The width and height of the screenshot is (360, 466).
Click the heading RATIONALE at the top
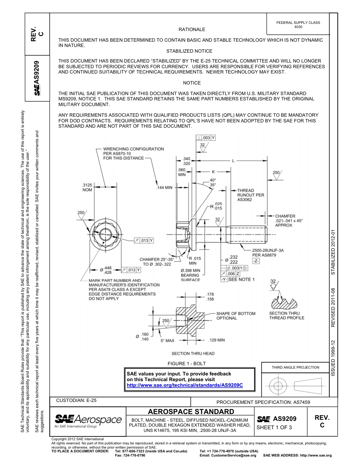click(x=192, y=30)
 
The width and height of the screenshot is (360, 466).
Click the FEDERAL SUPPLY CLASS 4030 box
click(x=298, y=25)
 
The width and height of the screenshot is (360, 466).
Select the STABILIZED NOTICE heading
click(x=189, y=51)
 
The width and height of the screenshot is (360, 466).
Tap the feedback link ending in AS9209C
click(x=185, y=385)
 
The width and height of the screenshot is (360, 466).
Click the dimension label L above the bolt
click(x=233, y=161)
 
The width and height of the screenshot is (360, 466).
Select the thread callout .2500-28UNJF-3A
click(x=268, y=250)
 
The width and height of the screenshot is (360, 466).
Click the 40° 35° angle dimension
click(x=213, y=182)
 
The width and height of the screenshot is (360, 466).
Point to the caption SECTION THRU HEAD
click(x=193, y=353)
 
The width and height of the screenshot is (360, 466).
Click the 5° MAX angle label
click(x=167, y=341)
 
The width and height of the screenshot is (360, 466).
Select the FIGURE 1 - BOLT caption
click(x=189, y=364)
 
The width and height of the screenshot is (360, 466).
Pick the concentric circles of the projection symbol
click(x=278, y=386)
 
